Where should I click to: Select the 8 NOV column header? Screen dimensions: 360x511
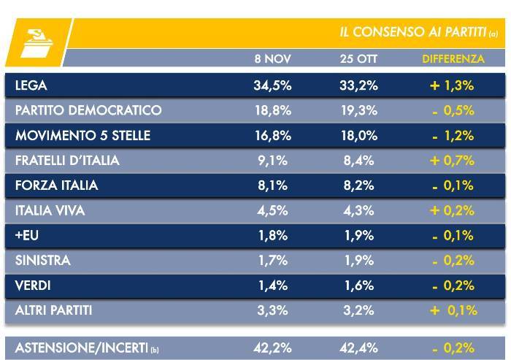pos(272,58)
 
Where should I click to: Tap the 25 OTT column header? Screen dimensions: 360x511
pos(358,58)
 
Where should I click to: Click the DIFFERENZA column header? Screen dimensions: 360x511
pos(453,58)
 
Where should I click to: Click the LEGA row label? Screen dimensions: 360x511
pos(31,85)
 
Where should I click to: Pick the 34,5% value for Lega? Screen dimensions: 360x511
pos(272,85)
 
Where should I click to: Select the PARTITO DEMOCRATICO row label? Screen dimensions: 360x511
pos(88,110)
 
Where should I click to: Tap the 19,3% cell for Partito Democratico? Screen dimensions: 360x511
pos(358,110)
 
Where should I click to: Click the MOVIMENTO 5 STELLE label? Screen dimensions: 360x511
pos(82,135)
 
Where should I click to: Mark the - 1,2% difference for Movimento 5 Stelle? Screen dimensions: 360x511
pos(453,135)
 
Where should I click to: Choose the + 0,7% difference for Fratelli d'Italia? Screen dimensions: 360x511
pos(453,161)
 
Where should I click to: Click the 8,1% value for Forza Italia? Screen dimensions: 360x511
pos(272,185)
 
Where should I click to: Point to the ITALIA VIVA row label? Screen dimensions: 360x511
pos(50,210)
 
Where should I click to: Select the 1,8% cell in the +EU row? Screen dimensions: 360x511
pos(272,236)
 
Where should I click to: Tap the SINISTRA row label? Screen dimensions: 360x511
pos(42,261)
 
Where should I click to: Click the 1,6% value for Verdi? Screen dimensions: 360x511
pos(358,286)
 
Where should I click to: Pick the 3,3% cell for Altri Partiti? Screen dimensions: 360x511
pos(272,310)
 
